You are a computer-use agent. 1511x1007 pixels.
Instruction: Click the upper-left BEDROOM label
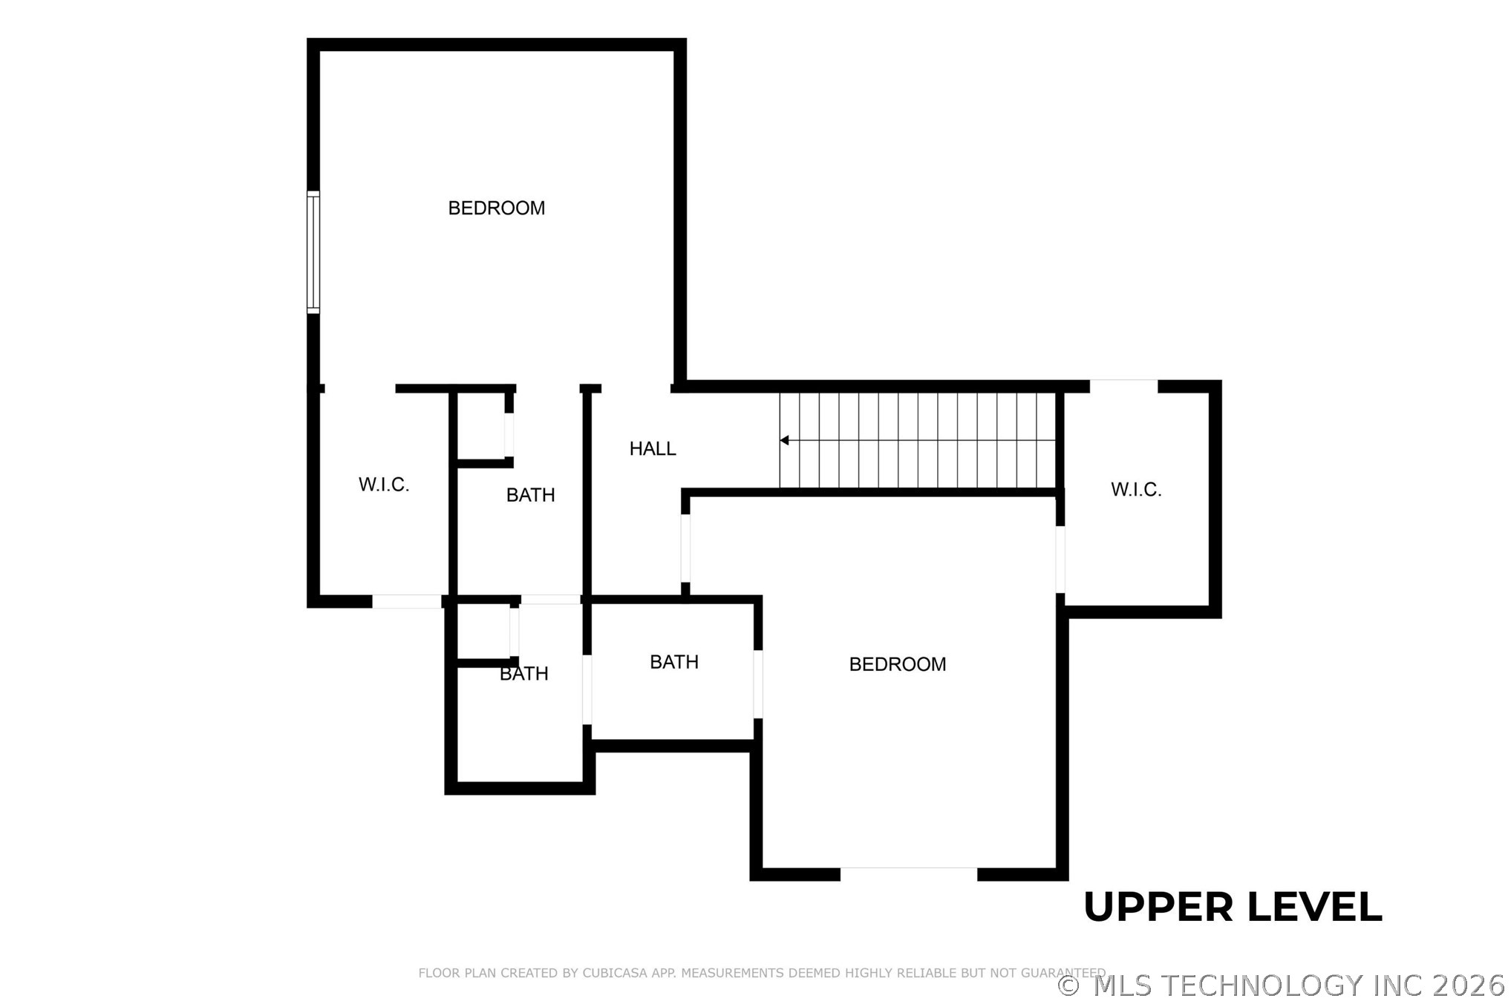pos(496,209)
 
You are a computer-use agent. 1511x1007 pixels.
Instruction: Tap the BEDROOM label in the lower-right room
pos(897,664)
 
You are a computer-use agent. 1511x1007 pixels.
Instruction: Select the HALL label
pos(652,449)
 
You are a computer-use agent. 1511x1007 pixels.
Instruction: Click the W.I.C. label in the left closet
pos(384,485)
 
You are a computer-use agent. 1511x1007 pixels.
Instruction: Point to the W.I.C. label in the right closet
pos(1135,490)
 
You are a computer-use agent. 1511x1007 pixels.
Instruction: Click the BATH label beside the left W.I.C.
pos(530,495)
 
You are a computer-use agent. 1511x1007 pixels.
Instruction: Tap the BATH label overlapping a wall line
pos(523,674)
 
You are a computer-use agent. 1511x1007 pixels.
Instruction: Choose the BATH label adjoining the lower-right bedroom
pos(673,662)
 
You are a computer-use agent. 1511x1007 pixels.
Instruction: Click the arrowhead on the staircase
pos(784,441)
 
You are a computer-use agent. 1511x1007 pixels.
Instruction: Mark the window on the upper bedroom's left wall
pos(313,252)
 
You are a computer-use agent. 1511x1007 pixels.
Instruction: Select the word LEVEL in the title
pos(1314,908)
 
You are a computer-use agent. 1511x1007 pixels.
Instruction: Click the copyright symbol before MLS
pos(1068,986)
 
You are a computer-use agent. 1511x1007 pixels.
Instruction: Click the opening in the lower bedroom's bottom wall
pos(908,873)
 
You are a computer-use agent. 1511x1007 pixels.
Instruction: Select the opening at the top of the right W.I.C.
pos(1123,386)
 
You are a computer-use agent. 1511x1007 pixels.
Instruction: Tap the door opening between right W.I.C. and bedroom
pos(1060,560)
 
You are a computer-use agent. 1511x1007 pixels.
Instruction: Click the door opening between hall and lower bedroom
pos(685,548)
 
